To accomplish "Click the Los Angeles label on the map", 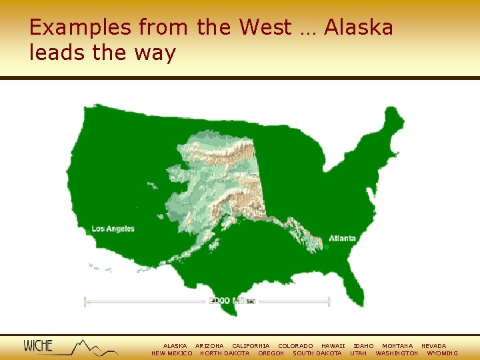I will (x=113, y=229).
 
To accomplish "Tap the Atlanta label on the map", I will (x=342, y=238).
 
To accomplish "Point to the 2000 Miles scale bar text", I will (x=232, y=301).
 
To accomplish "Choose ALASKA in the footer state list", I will (x=175, y=346).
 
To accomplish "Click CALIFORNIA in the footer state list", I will (x=251, y=346).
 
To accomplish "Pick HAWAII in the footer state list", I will (x=333, y=346).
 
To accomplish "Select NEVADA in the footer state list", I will (x=433, y=346).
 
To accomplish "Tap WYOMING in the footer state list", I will (x=442, y=353).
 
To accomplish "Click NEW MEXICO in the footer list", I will (x=172, y=353).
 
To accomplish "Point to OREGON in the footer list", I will (x=271, y=353).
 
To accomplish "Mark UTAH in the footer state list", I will (x=358, y=353).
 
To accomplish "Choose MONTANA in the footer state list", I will (x=397, y=346).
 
